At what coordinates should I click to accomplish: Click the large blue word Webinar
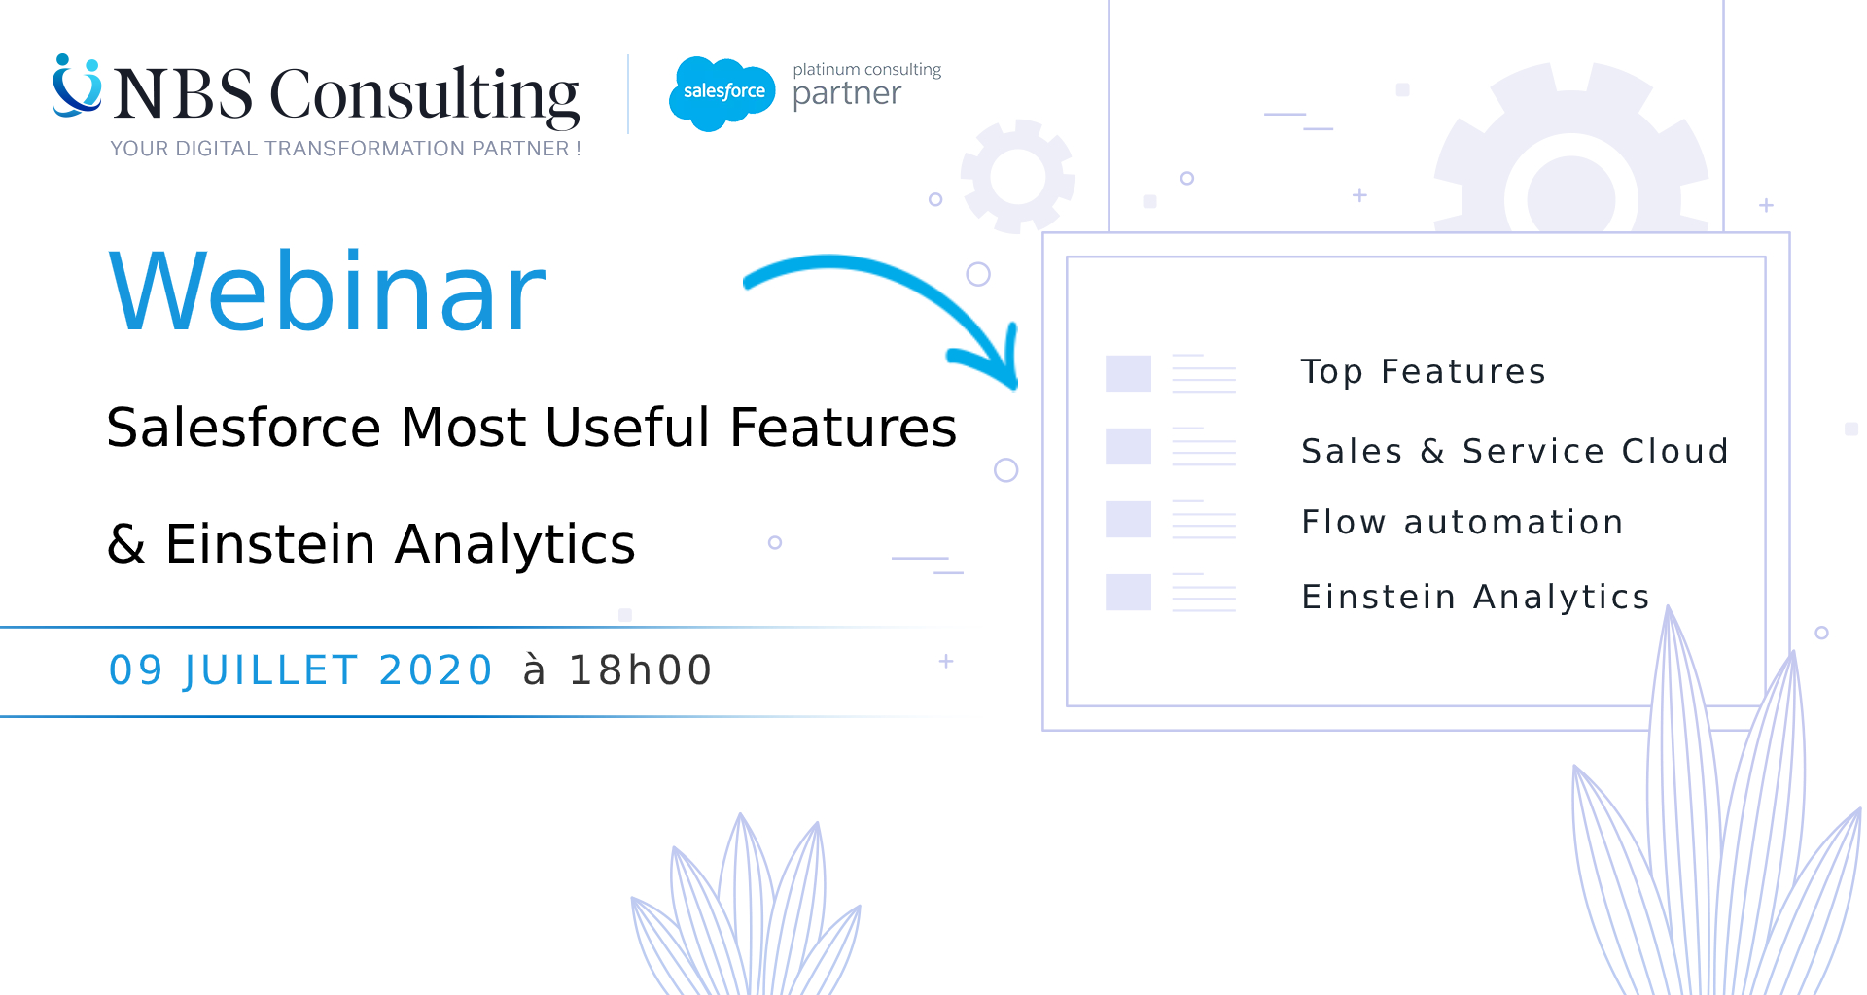pos(327,292)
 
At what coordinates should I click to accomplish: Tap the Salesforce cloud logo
pos(722,93)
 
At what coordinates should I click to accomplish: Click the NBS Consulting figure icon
pos(77,86)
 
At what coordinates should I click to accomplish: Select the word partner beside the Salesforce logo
pos(847,94)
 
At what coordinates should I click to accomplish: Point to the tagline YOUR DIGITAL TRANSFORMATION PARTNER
pos(345,149)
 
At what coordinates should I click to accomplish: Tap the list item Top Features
pos(1424,372)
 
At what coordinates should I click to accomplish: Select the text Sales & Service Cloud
pos(1515,451)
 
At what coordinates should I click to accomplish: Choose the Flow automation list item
pos(1462,522)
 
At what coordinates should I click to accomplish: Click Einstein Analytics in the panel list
pos(1476,597)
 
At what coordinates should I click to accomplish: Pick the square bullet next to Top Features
pos(1128,373)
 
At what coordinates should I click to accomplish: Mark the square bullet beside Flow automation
pos(1128,519)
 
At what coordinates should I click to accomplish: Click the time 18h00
pos(641,670)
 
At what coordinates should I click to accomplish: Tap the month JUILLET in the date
pos(270,670)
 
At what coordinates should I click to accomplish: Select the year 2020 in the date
pos(436,670)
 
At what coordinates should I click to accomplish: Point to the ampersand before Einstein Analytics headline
pos(126,544)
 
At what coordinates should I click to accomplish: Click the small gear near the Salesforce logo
pos(1018,176)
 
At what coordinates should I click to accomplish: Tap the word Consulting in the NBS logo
pos(424,95)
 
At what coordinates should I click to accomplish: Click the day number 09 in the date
pos(135,670)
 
